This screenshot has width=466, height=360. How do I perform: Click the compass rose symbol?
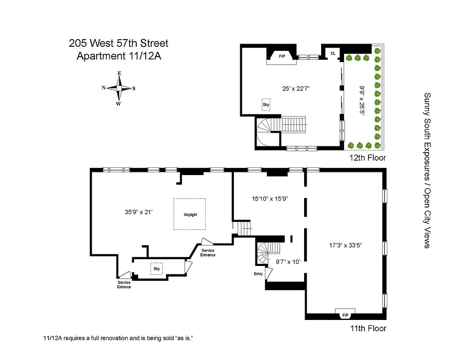pos(119,88)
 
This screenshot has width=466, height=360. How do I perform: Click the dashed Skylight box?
pos(190,214)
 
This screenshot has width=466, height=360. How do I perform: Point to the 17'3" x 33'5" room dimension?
pos(345,245)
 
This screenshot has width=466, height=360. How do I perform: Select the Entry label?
pos(259,274)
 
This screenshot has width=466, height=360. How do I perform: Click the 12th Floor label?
pos(367,158)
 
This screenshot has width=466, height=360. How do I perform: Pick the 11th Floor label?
pos(368,328)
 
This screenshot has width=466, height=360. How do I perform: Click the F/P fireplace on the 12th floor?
pos(282,56)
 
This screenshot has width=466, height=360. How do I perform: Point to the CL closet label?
pos(333,53)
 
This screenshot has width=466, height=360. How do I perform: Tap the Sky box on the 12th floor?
pos(266,104)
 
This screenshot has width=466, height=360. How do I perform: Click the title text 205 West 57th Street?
pos(119,44)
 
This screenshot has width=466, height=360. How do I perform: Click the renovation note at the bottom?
pos(120,338)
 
